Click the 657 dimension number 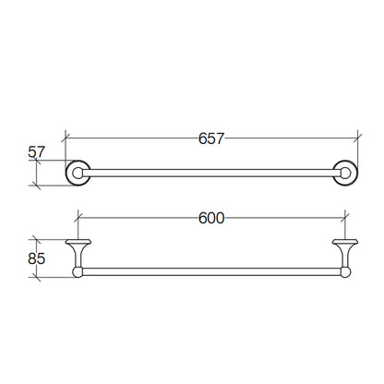point(211,138)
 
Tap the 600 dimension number point(211,219)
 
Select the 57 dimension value point(37,152)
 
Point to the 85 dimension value point(37,258)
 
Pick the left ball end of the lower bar point(78,272)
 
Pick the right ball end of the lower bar point(345,272)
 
